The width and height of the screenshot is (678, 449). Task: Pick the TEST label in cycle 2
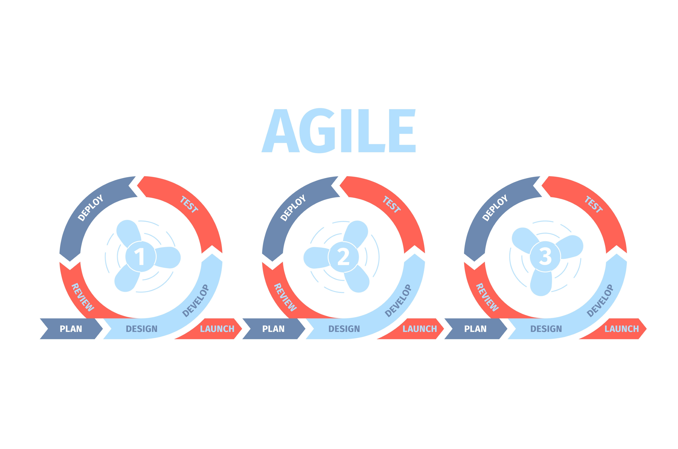392,204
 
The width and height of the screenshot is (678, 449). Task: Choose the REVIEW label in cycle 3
487,297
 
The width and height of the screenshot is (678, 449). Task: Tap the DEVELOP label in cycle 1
196,301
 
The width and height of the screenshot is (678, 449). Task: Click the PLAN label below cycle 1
71,329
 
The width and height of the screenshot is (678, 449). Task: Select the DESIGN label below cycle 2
344,329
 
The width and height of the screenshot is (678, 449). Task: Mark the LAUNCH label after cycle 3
621,329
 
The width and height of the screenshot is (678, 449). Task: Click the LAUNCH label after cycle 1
217,329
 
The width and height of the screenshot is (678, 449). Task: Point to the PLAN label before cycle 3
475,329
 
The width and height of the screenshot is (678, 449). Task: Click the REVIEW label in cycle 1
83,297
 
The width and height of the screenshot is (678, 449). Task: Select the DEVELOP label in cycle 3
600,301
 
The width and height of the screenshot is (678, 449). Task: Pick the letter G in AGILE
317,131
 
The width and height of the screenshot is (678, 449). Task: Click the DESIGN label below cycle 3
546,329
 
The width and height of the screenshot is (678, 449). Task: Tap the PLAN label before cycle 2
273,329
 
